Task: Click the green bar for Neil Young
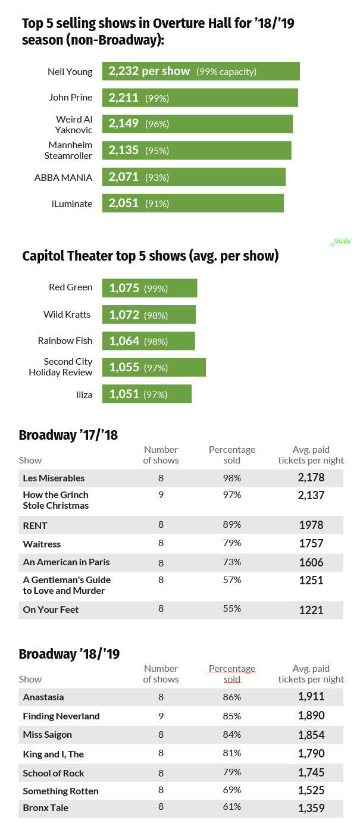[201, 71]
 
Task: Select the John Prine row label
[70, 98]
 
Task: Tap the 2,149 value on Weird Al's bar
[123, 124]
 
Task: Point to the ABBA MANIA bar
[194, 177]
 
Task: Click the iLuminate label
[71, 203]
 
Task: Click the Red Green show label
[70, 287]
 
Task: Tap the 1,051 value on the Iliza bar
[124, 394]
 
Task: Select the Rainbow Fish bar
[148, 341]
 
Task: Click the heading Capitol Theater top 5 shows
[150, 256]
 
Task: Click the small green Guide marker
[340, 242]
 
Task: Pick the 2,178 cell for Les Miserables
[311, 478]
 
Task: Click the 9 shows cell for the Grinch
[161, 495]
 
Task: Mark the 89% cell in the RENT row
[232, 525]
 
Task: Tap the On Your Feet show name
[51, 609]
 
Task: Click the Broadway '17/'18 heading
[68, 435]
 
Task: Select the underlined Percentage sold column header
[232, 674]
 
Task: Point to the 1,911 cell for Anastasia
[311, 697]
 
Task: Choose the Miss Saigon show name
[47, 735]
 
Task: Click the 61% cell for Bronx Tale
[232, 807]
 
